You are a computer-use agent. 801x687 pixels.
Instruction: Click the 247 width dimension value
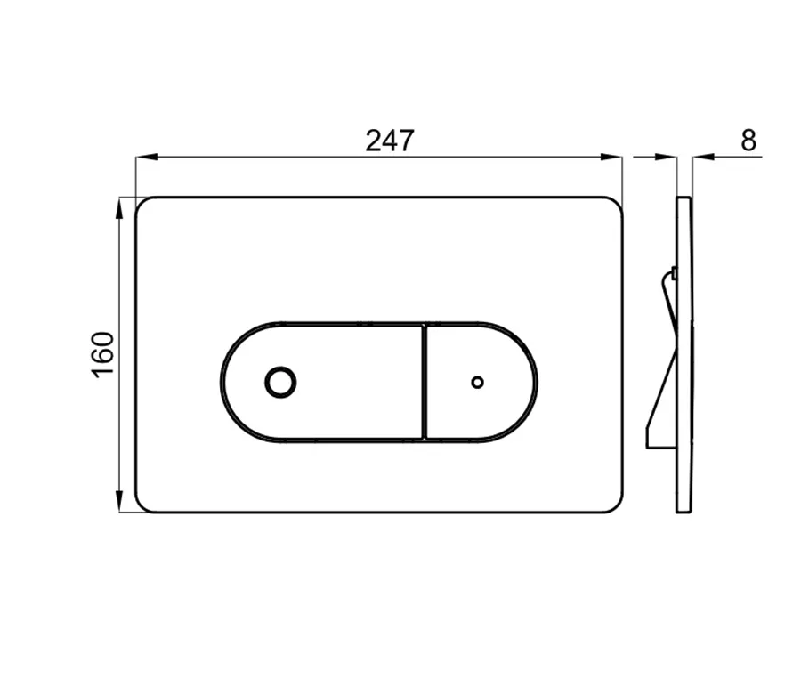pos(389,141)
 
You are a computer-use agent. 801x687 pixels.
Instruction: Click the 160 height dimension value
pos(102,354)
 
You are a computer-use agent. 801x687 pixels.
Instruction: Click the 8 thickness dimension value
pos(748,141)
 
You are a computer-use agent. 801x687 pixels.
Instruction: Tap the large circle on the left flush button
pos(280,382)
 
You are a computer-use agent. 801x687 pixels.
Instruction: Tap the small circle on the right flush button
pos(477,382)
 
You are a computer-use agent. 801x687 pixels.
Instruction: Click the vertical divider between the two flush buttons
pos(424,382)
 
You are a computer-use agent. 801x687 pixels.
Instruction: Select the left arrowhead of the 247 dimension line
pos(146,157)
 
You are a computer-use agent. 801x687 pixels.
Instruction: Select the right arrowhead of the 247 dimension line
pos(611,157)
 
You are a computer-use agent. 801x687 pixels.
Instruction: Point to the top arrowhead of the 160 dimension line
pos(119,208)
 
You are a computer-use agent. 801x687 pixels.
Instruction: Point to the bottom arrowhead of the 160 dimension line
pos(119,501)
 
